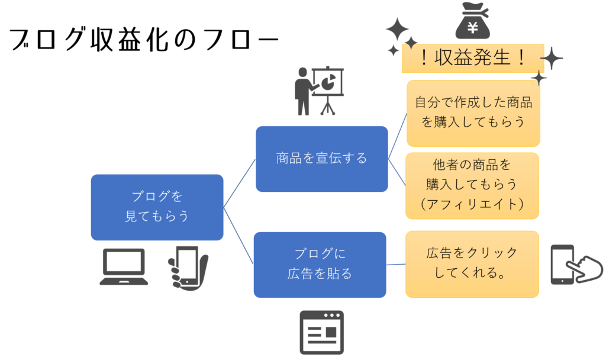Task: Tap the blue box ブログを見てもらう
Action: (157, 207)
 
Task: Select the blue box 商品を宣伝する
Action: (321, 159)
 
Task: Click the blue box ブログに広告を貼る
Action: (320, 265)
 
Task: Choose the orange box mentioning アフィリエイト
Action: (472, 185)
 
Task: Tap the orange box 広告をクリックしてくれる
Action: (472, 264)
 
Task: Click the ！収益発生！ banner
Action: (472, 58)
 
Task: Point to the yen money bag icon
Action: (472, 21)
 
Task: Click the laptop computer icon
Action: (124, 266)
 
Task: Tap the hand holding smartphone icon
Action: (188, 268)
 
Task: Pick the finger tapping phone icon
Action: (575, 265)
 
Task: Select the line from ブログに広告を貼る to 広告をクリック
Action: (396, 264)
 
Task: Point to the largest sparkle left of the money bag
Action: (397, 28)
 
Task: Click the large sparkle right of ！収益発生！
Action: (552, 59)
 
